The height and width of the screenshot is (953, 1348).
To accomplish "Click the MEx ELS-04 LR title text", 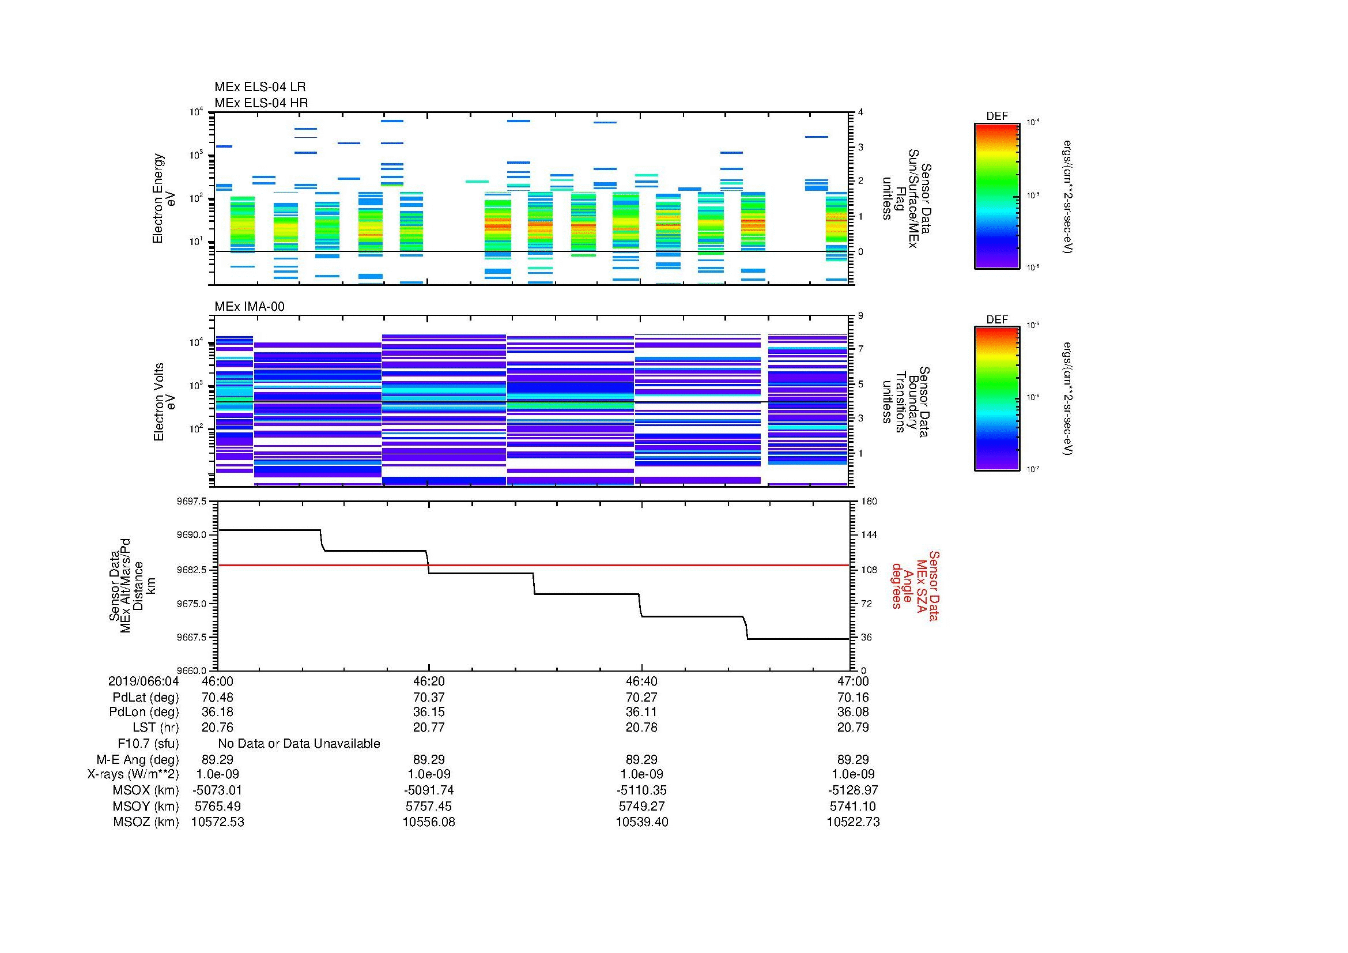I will tap(259, 87).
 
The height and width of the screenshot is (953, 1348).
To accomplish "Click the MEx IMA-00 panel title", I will tap(249, 307).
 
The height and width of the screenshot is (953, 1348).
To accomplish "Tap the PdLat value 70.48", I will tap(217, 698).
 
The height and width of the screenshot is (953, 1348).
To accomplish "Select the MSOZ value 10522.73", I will tap(852, 822).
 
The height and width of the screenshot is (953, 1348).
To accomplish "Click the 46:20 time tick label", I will tap(429, 681).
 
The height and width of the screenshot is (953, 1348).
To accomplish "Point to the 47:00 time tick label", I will tap(852, 681).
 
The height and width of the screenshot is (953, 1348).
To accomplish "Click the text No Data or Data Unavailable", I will tap(299, 744).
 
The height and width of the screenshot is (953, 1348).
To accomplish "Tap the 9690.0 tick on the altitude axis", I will tap(195, 535).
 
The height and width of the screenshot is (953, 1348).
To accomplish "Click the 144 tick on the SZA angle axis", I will tap(869, 535).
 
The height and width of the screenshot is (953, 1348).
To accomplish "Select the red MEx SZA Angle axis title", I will tap(915, 585).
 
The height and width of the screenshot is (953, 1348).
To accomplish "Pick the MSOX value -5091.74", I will tap(429, 790).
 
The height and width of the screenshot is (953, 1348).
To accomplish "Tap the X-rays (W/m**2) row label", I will tap(133, 774).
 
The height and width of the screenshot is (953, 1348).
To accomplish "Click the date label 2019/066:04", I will tap(144, 681).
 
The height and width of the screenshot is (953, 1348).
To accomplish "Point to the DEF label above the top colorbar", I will tap(996, 116).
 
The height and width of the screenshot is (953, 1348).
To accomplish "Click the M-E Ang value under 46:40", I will tap(641, 759).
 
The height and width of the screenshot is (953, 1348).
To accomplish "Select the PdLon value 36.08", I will tap(852, 712).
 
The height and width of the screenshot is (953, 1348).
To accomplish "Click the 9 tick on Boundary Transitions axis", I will tap(860, 316).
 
